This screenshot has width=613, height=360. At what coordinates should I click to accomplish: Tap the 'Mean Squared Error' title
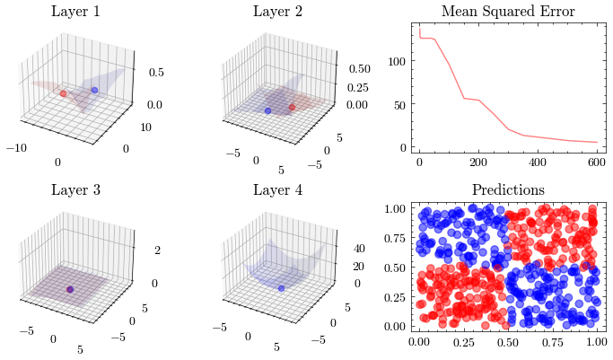508,12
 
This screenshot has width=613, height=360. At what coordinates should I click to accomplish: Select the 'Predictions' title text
508,190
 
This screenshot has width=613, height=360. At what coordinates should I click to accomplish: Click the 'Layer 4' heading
277,190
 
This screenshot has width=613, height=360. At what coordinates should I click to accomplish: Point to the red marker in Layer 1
63,92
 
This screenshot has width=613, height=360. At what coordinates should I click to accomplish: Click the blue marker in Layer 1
94,91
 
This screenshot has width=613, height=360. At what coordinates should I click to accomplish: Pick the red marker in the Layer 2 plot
293,108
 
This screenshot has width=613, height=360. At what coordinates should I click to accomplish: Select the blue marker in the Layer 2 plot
267,110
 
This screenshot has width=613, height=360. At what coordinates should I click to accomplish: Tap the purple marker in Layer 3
70,289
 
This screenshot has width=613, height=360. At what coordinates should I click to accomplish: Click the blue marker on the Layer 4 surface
281,288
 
